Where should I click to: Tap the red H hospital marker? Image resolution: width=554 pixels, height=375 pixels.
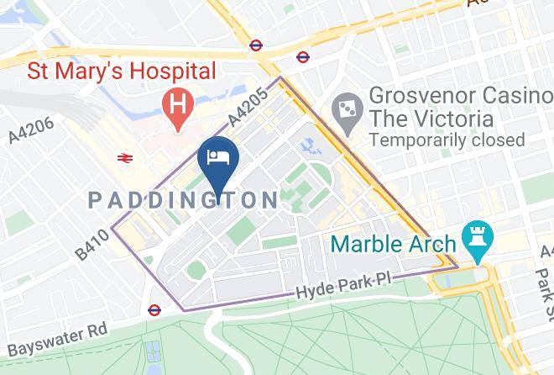[176, 106]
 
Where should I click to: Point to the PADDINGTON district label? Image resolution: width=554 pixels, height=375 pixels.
[183, 200]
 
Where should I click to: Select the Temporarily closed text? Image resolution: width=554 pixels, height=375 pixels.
[447, 140]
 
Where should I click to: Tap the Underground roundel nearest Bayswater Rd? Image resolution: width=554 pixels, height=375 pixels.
[154, 309]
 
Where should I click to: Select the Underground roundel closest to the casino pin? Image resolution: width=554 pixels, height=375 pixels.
[302, 57]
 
